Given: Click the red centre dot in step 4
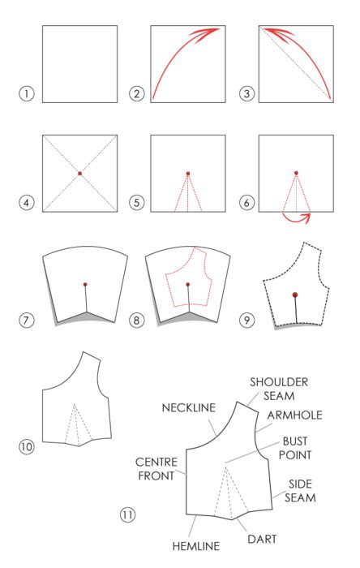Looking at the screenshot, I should pos(79,173).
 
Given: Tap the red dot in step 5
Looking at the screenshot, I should pos(188,173).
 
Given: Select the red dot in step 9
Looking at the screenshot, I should pos(295,295).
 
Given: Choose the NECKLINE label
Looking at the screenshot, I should pos(186,407).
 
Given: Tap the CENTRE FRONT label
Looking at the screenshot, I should pos(152,469).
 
